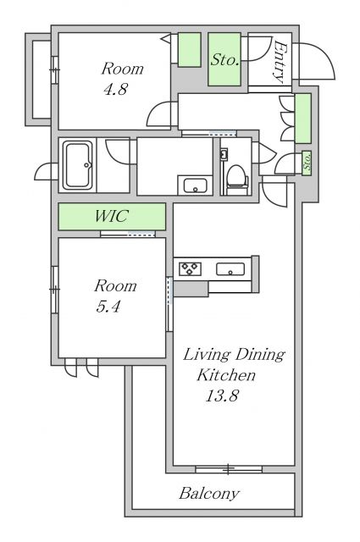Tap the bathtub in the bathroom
tap(77, 165)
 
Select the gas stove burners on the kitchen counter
tap(190, 268)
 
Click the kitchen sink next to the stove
tap(230, 269)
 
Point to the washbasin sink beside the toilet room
tap(196, 185)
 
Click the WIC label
tap(111, 217)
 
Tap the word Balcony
tap(209, 493)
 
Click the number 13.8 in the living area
tap(222, 395)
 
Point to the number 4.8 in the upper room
tap(115, 89)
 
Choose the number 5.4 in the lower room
tap(108, 307)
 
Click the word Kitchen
tap(226, 374)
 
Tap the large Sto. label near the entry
tap(224, 60)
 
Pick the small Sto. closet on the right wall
tap(307, 163)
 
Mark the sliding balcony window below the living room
tap(229, 469)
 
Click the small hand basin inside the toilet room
tap(224, 155)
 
